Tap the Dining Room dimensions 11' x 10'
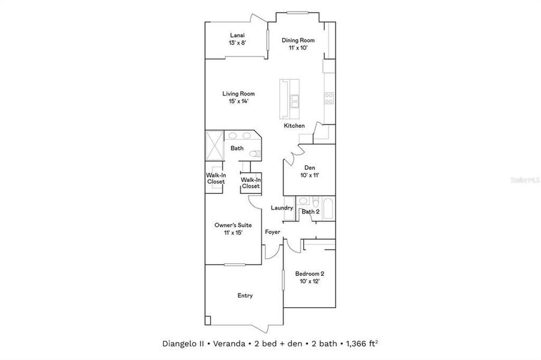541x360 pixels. [x=298, y=48]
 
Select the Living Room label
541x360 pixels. [x=238, y=94]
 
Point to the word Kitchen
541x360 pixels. [x=294, y=126]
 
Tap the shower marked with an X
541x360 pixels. [x=214, y=145]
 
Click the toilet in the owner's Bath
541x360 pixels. [x=255, y=154]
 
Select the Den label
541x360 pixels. [x=310, y=167]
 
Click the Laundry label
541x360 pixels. [x=282, y=208]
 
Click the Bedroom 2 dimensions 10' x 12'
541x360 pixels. [x=310, y=281]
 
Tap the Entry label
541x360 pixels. [x=245, y=295]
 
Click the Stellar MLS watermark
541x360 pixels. [x=523, y=179]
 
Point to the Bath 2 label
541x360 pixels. [x=310, y=212]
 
